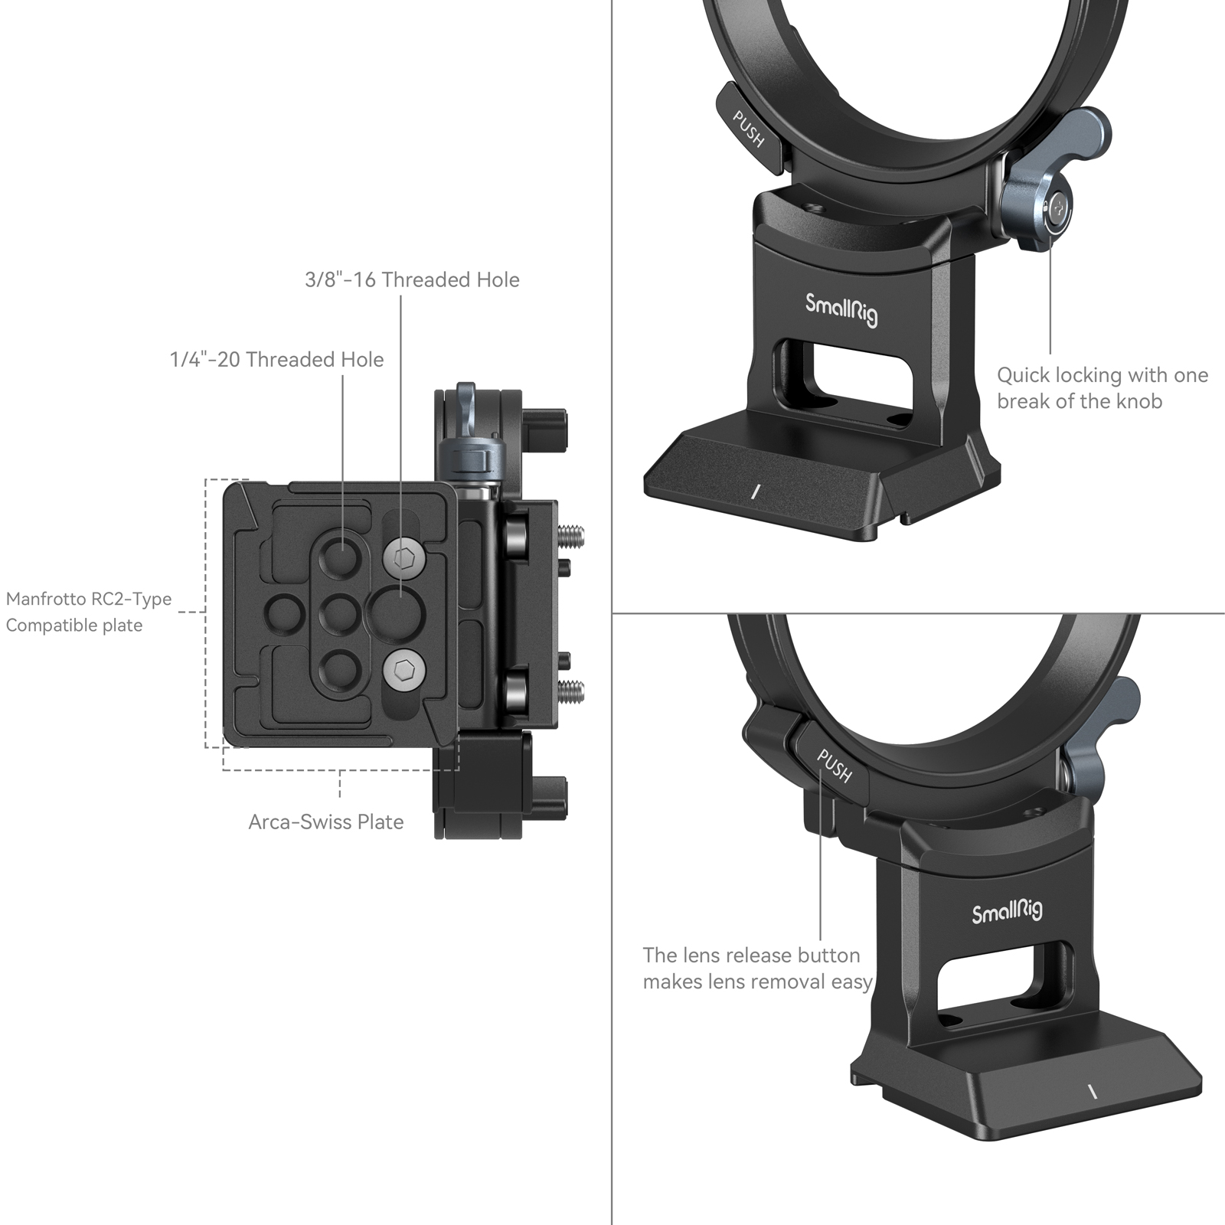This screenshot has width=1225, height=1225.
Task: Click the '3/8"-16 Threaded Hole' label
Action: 412,280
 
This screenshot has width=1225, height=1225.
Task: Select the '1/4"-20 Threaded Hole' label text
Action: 276,360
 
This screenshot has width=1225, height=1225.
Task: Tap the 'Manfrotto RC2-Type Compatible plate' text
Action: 88,612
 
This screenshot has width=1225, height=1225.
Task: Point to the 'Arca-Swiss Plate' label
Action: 325,822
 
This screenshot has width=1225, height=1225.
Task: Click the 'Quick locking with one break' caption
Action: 1102,388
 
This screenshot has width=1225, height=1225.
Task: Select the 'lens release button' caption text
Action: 756,969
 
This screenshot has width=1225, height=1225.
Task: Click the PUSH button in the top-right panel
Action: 749,128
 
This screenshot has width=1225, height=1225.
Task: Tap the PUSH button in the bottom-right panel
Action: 834,766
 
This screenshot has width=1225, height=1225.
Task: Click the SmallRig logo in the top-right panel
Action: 841,309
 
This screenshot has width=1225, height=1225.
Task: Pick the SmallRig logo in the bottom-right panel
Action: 1007,912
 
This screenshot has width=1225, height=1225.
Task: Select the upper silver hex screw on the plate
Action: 403,560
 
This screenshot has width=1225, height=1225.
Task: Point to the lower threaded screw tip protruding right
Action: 573,692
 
